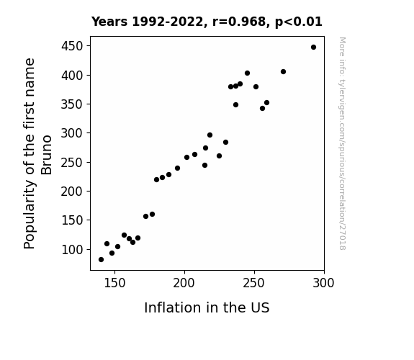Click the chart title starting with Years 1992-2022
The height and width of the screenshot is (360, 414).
pyautogui.click(x=207, y=22)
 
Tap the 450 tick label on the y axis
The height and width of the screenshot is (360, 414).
pyautogui.click(x=72, y=46)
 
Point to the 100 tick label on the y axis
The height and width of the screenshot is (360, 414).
pyautogui.click(x=72, y=249)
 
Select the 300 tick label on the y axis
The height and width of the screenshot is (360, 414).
pyautogui.click(x=72, y=133)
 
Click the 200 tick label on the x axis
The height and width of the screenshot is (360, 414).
pyautogui.click(x=184, y=283)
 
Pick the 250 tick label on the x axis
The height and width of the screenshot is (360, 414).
pyautogui.click(x=253, y=283)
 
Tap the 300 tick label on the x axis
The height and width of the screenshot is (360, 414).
pyautogui.click(x=323, y=283)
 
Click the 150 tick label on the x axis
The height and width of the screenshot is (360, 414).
pyautogui.click(x=114, y=283)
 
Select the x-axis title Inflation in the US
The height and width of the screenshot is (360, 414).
pyautogui.click(x=207, y=307)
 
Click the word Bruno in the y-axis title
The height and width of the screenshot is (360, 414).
pyautogui.click(x=47, y=155)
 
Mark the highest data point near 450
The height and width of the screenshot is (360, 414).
pyautogui.click(x=313, y=48)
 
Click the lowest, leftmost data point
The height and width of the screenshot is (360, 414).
pyautogui.click(x=101, y=260)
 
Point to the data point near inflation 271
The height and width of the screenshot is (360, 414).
pyautogui.click(x=283, y=71)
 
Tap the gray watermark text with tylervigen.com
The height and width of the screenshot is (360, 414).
pyautogui.click(x=342, y=143)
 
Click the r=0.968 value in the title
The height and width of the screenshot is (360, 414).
pyautogui.click(x=239, y=22)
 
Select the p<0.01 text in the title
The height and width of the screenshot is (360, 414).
pyautogui.click(x=299, y=22)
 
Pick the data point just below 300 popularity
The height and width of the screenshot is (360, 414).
pyautogui.click(x=210, y=135)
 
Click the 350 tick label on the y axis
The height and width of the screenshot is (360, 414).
pyautogui.click(x=72, y=104)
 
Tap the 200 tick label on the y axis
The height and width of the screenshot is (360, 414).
pyautogui.click(x=72, y=192)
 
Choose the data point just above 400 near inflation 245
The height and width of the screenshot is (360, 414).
pyautogui.click(x=247, y=73)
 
